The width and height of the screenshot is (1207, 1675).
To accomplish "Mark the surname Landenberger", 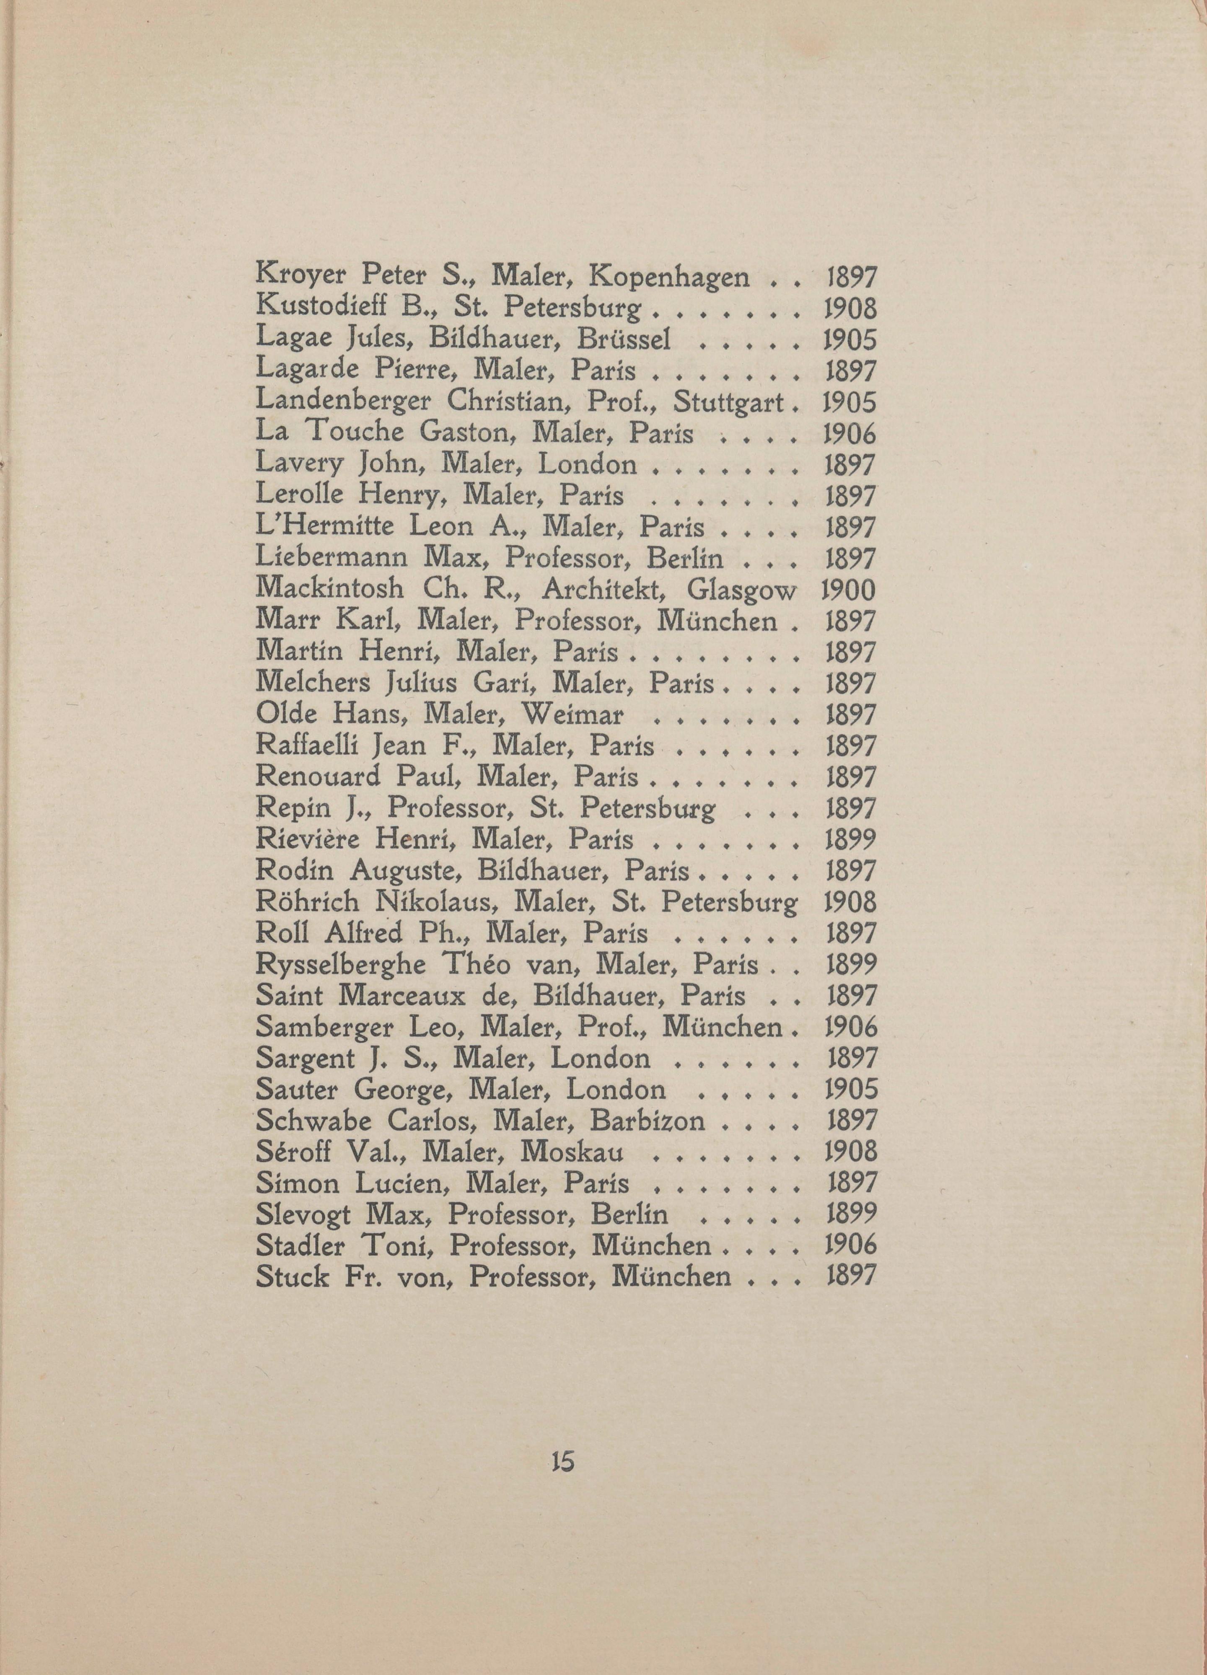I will click(x=347, y=402).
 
